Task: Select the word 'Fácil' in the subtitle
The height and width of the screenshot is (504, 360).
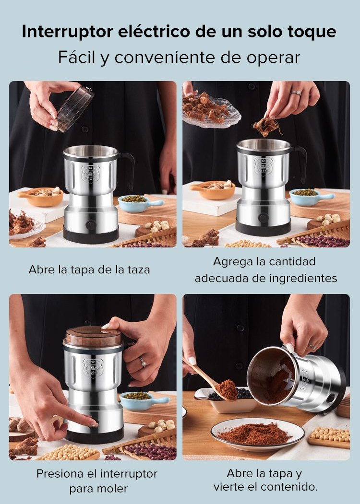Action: [x=77, y=57]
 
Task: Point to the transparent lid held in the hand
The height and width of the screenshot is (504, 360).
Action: [x=75, y=109]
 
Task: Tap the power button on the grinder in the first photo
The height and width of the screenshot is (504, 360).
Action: [x=91, y=224]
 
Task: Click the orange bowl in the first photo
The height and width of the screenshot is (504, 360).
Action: [x=41, y=197]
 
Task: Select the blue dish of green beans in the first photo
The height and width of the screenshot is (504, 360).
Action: [x=139, y=203]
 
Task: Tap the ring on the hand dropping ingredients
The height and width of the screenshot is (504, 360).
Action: [x=296, y=93]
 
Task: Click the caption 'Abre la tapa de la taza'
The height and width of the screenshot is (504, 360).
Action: [x=89, y=270]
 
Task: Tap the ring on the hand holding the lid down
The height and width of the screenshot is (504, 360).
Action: [x=143, y=362]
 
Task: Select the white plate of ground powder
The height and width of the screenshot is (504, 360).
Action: [x=258, y=434]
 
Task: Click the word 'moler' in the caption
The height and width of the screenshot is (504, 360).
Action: [x=112, y=489]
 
